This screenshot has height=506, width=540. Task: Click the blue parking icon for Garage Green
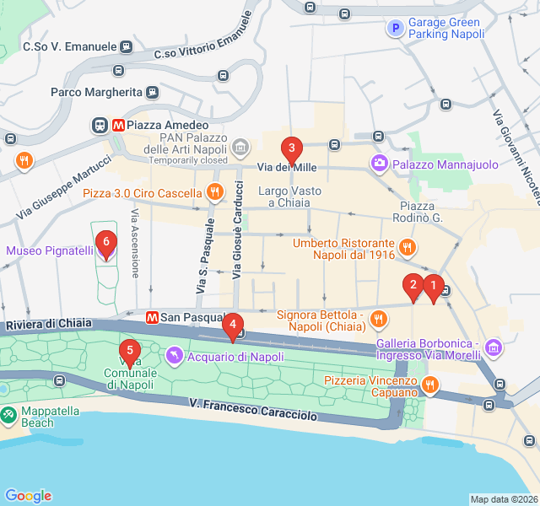394,29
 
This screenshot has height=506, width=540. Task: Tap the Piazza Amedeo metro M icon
118,125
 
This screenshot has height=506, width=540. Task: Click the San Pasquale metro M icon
153,318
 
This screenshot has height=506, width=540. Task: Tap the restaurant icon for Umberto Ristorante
408,248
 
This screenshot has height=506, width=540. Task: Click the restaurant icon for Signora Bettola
378,319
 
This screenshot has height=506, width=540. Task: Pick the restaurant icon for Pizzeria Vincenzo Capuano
430,385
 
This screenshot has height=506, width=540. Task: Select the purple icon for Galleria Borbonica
494,347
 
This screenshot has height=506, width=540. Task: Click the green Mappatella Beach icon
8,416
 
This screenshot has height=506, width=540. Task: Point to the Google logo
28,496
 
